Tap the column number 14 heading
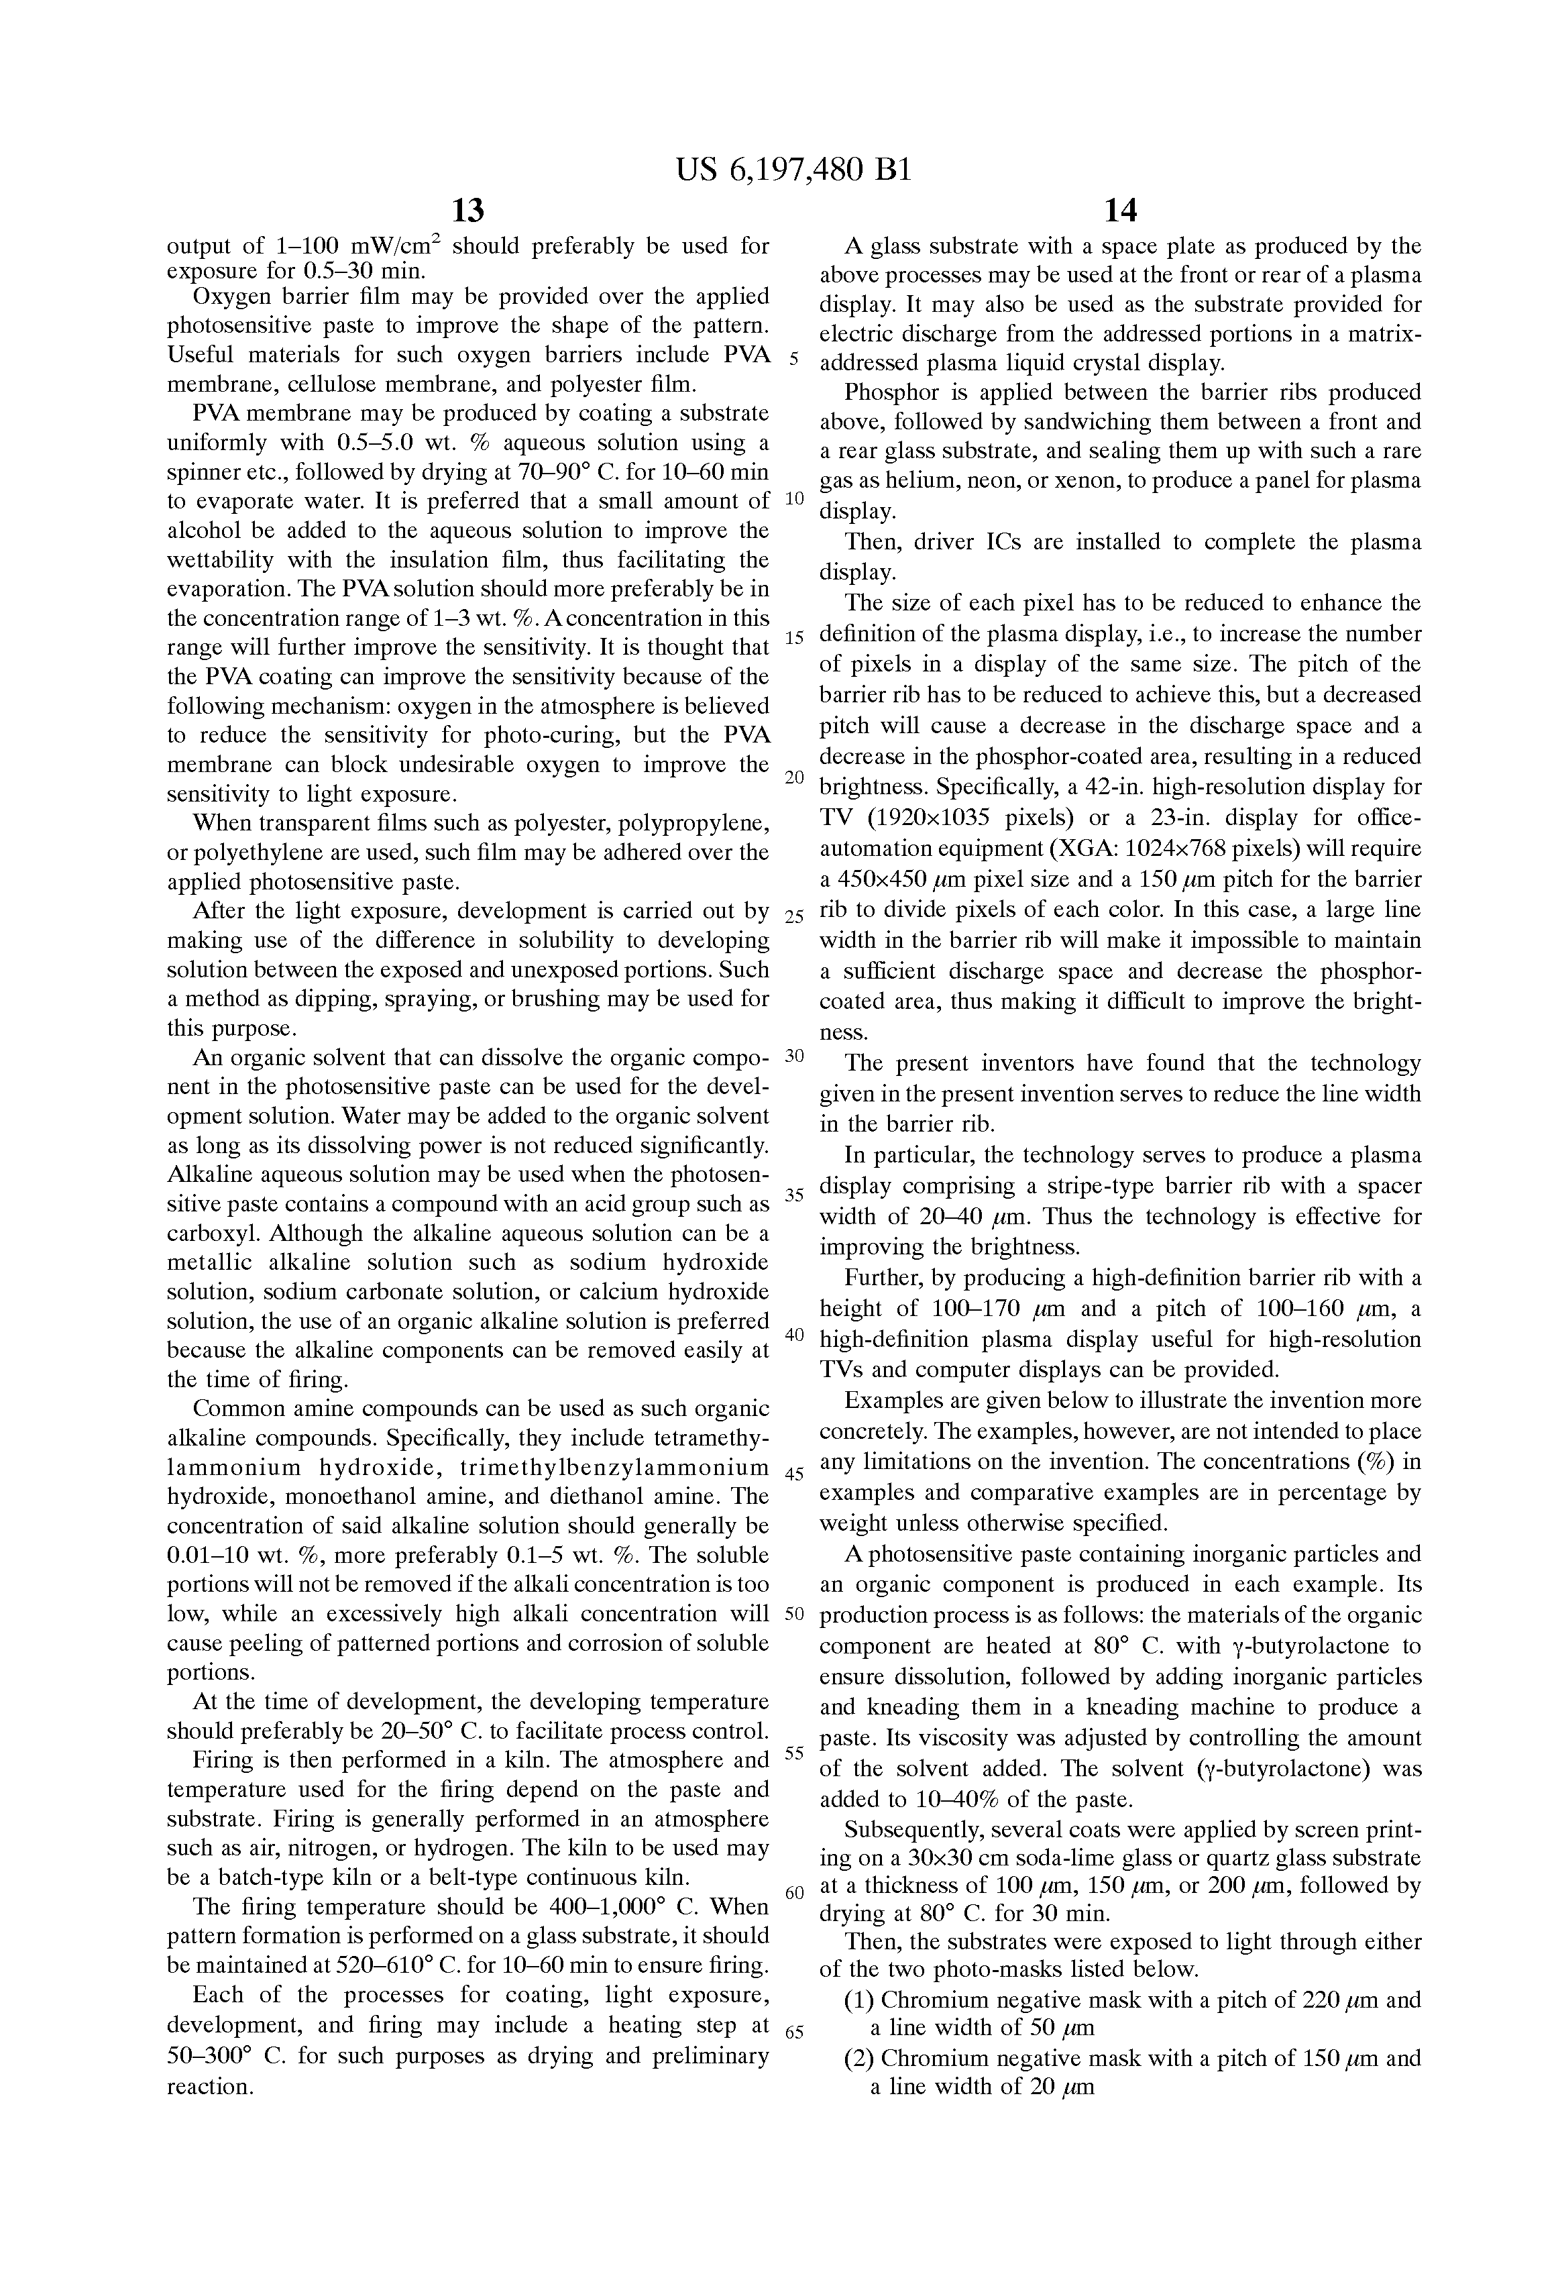point(1120,209)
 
